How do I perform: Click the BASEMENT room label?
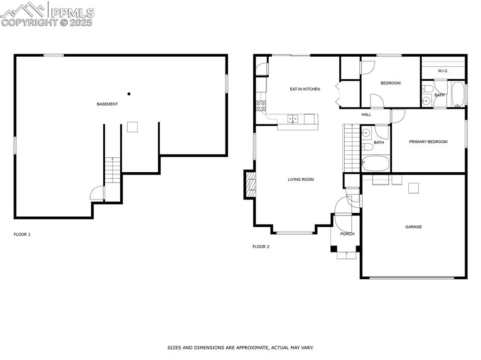pyautogui.click(x=107, y=104)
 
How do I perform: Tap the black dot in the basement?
pyautogui.click(x=129, y=94)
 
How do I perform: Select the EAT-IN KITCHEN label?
pyautogui.click(x=305, y=89)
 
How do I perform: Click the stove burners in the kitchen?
pyautogui.click(x=261, y=106)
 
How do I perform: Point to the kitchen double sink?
pyautogui.click(x=293, y=118)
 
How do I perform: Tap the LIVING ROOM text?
pyautogui.click(x=301, y=180)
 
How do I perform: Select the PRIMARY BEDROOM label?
pyautogui.click(x=428, y=142)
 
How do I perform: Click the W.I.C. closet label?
pyautogui.click(x=442, y=71)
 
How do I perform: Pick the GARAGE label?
pyautogui.click(x=413, y=227)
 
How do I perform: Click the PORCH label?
pyautogui.click(x=347, y=234)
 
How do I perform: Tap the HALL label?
pyautogui.click(x=366, y=115)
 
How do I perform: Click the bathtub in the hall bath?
pyautogui.click(x=375, y=163)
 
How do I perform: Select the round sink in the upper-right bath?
pyautogui.click(x=426, y=100)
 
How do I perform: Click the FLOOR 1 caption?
pyautogui.click(x=22, y=235)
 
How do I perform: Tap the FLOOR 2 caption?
pyautogui.click(x=261, y=246)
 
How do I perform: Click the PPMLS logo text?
pyautogui.click(x=72, y=12)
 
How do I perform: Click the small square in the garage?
pyautogui.click(x=413, y=188)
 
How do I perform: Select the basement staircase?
pyautogui.click(x=113, y=170)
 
